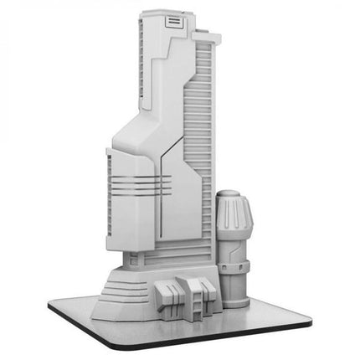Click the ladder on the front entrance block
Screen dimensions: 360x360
198,297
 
